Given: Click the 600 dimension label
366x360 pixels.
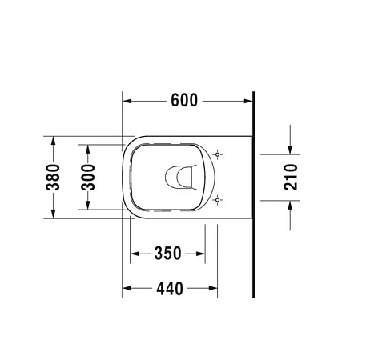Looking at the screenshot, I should click(x=183, y=102).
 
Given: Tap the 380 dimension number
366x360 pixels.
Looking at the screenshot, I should click(x=53, y=176).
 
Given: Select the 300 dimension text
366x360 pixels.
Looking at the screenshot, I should click(x=88, y=176).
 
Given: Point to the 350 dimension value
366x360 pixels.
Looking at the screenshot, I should click(x=167, y=254).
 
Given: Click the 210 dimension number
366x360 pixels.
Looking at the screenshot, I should click(x=291, y=176).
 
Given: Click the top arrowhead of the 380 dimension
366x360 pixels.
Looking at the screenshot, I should click(x=53, y=140).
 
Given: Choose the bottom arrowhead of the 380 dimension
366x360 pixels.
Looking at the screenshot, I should click(x=53, y=213).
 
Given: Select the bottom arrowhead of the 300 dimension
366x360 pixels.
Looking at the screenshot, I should click(x=88, y=205).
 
